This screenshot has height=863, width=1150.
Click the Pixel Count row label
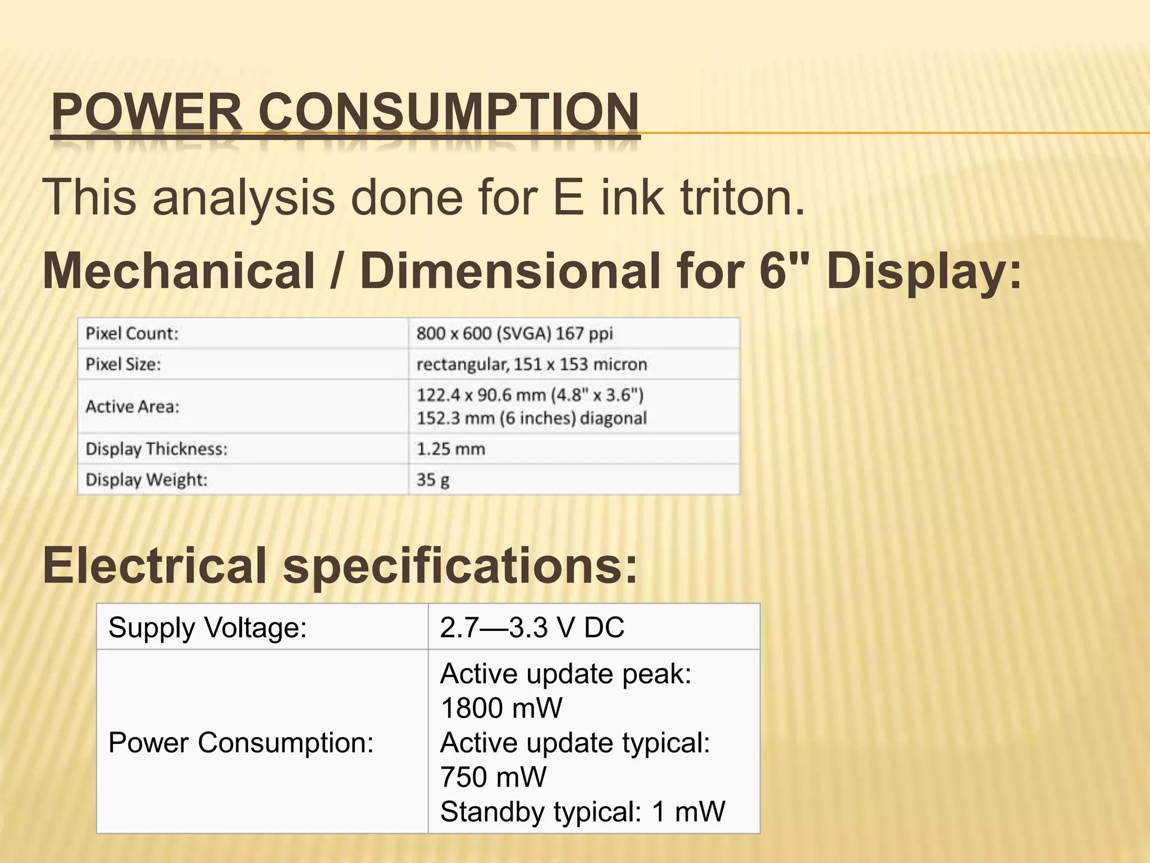point(132,334)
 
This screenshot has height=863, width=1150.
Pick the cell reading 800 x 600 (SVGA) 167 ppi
point(514,334)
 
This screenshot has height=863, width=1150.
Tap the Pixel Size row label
point(123,365)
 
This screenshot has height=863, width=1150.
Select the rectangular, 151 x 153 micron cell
point(532,365)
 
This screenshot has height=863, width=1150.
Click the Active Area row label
point(133,406)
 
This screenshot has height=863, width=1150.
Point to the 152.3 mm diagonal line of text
point(531,418)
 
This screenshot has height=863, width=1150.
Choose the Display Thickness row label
point(156,449)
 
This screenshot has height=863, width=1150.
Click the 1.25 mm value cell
point(450,449)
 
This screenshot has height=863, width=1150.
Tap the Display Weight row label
point(147,480)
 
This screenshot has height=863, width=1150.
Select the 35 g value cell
point(432,480)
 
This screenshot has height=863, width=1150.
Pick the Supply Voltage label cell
point(208,628)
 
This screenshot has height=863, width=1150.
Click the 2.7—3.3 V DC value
point(532,628)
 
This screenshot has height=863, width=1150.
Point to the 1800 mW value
point(501,707)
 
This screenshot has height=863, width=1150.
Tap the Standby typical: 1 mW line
point(582,811)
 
